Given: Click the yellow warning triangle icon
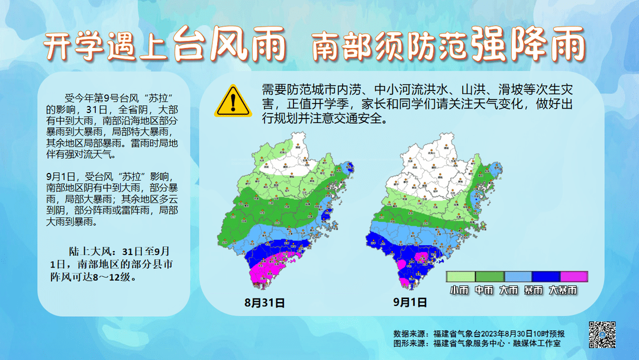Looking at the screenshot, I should coord(233,101).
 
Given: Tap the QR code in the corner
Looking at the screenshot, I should coord(602,335).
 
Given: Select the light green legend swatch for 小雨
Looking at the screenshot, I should coord(461,277).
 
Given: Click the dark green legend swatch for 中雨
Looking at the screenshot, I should coord(489,277).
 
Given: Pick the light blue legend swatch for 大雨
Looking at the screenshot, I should coord(518,277).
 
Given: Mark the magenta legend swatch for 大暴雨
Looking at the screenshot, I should coord(574,277).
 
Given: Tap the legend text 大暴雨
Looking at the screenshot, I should coord(563,290).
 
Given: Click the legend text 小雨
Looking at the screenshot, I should coord(459,290).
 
